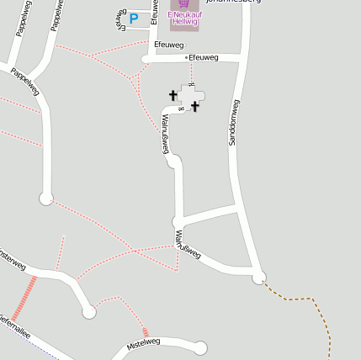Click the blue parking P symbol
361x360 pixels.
(133, 18)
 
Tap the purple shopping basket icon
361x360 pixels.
(183, 3)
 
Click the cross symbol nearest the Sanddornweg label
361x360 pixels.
(195, 106)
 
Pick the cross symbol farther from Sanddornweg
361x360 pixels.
(173, 95)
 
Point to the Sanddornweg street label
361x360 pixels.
(235, 123)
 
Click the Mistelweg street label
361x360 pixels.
(142, 343)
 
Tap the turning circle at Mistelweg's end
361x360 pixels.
(200, 347)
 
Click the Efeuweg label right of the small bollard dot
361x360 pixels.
(204, 57)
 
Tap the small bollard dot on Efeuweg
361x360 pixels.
(186, 58)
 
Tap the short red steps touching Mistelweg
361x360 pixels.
(146, 332)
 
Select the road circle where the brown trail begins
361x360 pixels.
(259, 277)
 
